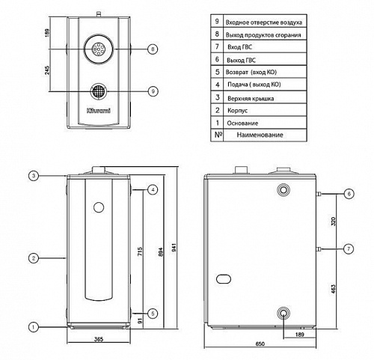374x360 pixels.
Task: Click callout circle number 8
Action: (153, 49)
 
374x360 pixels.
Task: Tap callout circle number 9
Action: (153, 91)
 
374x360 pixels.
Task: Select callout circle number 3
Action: (34, 176)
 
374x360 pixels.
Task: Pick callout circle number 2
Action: (34, 258)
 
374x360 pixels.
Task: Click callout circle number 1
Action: (33, 327)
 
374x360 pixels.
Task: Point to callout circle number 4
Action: (153, 189)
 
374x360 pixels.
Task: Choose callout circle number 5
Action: (153, 314)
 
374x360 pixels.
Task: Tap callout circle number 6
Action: (349, 194)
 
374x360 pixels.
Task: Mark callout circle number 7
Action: (349, 248)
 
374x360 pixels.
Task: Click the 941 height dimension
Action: (174, 247)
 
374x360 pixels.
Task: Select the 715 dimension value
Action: (140, 251)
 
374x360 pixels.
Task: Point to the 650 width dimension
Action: (260, 344)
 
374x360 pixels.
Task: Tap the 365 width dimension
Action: (99, 339)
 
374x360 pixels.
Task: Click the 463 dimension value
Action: (334, 289)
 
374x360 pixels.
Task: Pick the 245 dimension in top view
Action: (47, 70)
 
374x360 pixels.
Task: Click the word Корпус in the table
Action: (237, 110)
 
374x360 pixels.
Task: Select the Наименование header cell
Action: (260, 135)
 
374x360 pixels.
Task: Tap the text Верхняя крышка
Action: (251, 98)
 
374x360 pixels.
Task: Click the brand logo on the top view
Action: (99, 111)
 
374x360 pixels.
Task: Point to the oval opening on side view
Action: (224, 278)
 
